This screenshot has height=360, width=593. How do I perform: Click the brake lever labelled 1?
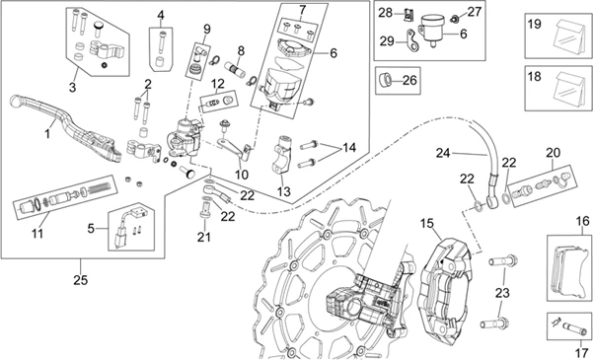click(64, 126)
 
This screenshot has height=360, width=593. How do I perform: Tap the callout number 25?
click(81, 280)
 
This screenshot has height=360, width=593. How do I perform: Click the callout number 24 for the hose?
click(444, 153)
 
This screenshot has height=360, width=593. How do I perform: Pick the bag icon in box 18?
click(568, 89)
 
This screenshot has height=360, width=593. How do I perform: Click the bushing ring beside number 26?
click(386, 80)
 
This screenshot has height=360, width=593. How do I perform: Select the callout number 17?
click(580, 353)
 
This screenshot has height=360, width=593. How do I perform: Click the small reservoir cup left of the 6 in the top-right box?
click(432, 29)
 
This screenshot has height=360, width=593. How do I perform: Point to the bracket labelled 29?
click(411, 40)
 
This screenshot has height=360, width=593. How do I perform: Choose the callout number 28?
click(386, 13)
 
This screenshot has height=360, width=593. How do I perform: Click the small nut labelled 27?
click(455, 18)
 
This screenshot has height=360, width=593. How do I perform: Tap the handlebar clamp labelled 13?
click(283, 155)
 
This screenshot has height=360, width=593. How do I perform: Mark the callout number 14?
click(349, 147)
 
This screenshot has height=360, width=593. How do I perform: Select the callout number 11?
click(37, 234)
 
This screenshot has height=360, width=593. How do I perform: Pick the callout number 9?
click(207, 29)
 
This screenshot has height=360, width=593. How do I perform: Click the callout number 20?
click(553, 153)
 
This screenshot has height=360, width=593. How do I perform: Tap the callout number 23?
click(502, 293)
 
